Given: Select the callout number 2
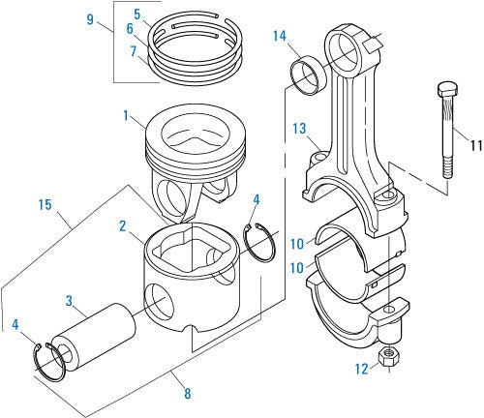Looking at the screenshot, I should click(x=123, y=226).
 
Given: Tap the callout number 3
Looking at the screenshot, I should click(x=69, y=301).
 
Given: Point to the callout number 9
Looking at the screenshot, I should click(x=90, y=18).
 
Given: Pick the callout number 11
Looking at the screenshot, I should click(x=475, y=145).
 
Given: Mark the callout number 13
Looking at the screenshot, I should click(x=300, y=127).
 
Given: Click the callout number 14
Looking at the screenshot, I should click(x=280, y=37).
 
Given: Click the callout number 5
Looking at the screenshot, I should click(x=138, y=14).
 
